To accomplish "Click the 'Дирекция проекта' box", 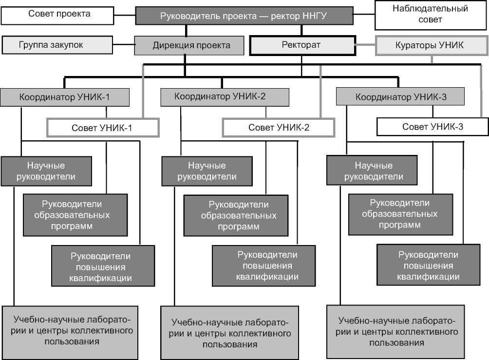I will pos(189,46).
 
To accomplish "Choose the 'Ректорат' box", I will pos(301,45).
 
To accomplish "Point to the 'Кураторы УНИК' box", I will pos(431,46).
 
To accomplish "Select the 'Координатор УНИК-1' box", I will pos(64,97).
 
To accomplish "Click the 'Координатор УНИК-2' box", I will pos(225,97).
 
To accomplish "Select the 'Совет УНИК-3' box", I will pos(433,127).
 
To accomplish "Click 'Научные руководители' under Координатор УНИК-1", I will pos(46,171).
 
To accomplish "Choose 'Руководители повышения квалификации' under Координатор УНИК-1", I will pos(103,266).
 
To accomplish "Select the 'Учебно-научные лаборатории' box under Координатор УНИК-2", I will pos(229,332).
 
